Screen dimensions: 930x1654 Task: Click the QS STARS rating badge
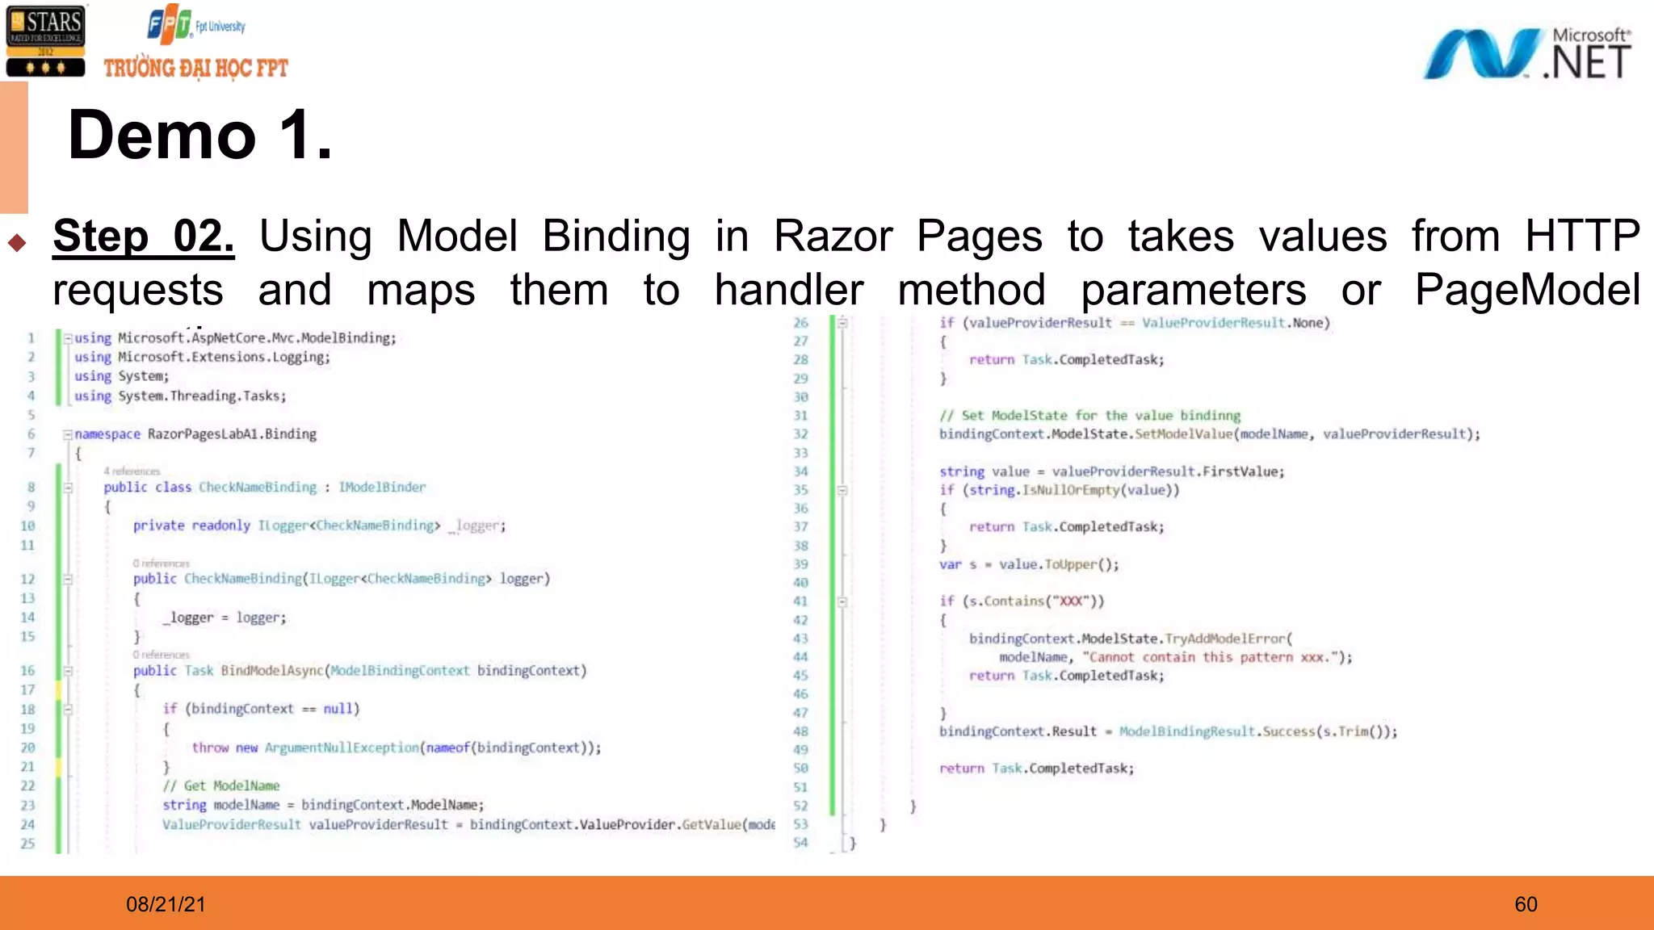[45, 40]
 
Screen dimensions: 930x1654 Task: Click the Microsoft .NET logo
[1526, 53]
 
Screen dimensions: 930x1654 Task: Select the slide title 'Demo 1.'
[200, 135]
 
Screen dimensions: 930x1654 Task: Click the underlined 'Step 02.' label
[144, 237]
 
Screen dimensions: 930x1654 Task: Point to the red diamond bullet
[17, 242]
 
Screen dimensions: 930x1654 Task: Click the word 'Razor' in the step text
[833, 237]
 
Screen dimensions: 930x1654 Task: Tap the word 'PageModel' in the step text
[1527, 290]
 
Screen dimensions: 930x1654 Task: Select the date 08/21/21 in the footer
[166, 904]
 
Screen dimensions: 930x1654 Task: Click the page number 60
[1526, 904]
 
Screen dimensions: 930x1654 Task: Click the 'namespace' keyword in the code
[107, 434]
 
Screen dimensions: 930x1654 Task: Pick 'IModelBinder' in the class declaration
[382, 488]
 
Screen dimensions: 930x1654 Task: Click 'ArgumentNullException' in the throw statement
[342, 748]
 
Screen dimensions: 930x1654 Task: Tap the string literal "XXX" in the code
[1071, 601]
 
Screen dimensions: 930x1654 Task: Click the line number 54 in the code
[800, 843]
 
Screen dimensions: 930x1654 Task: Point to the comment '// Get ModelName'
[221, 785]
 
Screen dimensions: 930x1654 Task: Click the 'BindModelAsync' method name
[272, 671]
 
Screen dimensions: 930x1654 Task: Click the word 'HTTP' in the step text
[1581, 237]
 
